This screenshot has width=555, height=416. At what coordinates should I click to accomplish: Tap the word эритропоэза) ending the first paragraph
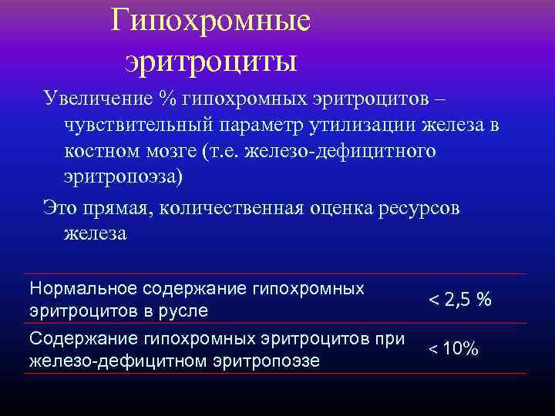pyautogui.click(x=123, y=176)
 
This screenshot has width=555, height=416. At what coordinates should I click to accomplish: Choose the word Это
pyautogui.click(x=59, y=209)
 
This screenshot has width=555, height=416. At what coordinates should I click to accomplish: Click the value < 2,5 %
pyautogui.click(x=459, y=300)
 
